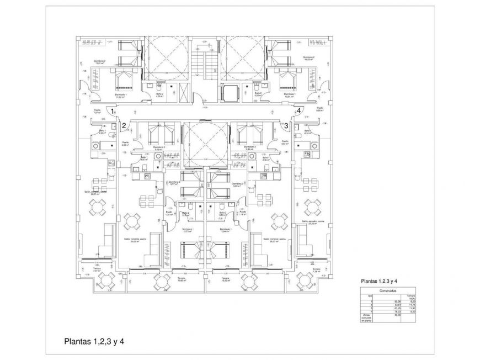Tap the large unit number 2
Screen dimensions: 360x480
(x=124, y=125)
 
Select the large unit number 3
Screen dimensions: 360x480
(x=286, y=125)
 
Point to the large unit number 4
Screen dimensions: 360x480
(x=298, y=110)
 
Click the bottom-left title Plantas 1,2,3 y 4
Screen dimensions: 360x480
(x=94, y=341)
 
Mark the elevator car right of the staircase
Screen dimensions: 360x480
(x=228, y=92)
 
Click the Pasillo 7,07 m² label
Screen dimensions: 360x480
(x=97, y=111)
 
